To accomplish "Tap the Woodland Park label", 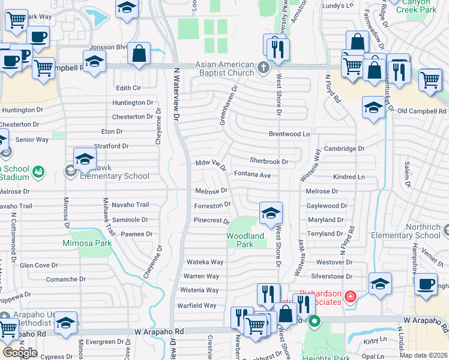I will coord(246,240).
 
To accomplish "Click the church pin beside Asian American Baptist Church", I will coord(264,67).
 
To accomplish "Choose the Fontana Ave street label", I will coord(252,175).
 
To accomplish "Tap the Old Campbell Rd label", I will coord(422,111).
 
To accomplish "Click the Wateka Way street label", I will coord(205,262).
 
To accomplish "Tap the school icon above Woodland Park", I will coord(271,213).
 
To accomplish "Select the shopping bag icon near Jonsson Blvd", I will coord(139,53).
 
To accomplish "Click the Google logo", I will coord(20,352).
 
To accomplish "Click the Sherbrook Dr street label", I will coord(269,161).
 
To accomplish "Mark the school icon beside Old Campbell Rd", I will coord(373,108).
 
